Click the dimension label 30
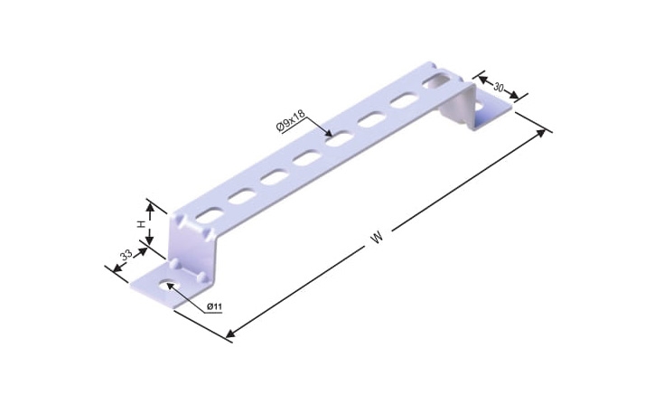click(499, 87)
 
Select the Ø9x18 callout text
click(291, 120)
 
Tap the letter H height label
click(141, 224)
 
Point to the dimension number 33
click(126, 254)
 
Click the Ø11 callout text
click(214, 306)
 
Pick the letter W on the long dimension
click(377, 238)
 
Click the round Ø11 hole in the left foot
click(169, 285)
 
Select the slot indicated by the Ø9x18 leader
click(340, 138)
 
